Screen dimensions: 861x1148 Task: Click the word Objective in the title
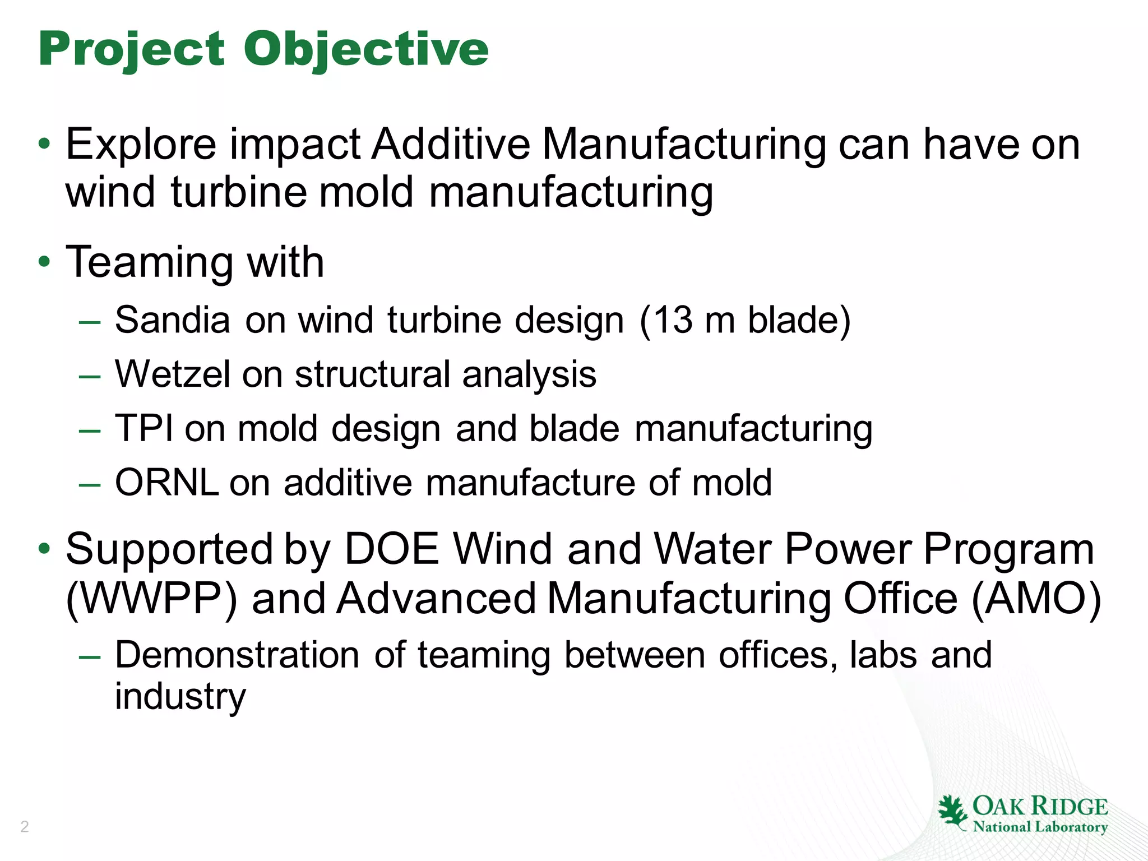365,49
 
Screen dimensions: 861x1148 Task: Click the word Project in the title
132,49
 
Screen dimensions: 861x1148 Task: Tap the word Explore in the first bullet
141,145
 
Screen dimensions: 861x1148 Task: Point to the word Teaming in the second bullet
149,262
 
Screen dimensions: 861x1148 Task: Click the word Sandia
173,320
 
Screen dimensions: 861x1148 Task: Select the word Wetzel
173,374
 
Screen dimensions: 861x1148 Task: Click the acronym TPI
144,428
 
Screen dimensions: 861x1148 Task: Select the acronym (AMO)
1036,599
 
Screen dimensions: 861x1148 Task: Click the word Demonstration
237,655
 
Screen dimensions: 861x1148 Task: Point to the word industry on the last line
180,696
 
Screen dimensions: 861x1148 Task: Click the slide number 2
24,826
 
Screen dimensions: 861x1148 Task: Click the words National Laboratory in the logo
1040,827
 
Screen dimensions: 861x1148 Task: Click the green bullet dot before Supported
44,548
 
